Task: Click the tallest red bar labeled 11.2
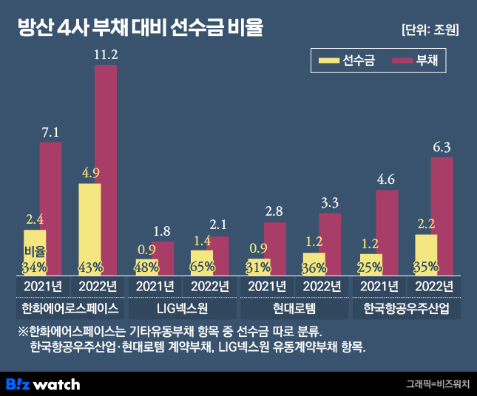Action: click(106, 170)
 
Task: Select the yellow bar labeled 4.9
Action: click(89, 229)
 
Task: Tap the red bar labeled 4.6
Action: click(386, 232)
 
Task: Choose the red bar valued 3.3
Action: click(330, 244)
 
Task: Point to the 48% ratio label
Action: click(146, 267)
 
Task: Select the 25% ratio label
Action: click(370, 267)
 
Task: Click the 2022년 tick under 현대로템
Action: click(322, 286)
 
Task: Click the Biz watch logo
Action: click(42, 383)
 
